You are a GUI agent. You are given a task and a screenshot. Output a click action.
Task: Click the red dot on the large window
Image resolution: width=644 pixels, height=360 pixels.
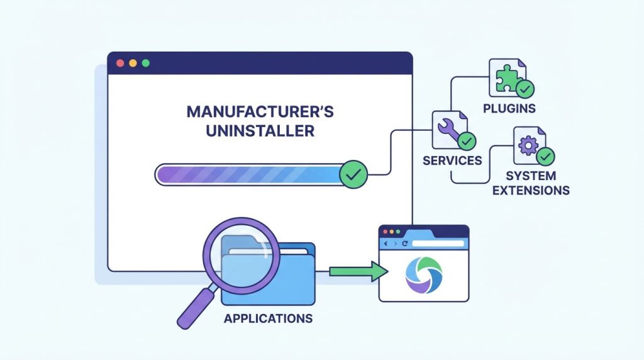click(x=120, y=64)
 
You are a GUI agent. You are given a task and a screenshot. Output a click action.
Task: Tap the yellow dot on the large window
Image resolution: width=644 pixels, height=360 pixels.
click(x=133, y=64)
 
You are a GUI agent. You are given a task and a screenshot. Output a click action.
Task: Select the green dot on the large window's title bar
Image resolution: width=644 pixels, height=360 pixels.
click(x=146, y=64)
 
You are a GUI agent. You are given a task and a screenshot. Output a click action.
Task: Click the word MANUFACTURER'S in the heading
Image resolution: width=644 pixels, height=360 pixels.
click(x=260, y=112)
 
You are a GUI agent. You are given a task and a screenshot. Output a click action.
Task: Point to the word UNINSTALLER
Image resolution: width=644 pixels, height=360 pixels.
click(x=260, y=131)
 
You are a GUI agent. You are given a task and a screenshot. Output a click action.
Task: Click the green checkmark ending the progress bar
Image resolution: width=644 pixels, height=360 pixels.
click(x=353, y=175)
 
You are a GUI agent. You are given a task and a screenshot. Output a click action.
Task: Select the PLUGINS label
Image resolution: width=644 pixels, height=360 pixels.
click(x=509, y=108)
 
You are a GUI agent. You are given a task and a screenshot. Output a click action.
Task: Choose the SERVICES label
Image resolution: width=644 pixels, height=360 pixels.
click(x=452, y=160)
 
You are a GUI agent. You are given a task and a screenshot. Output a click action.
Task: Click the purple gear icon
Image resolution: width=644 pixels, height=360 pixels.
click(x=528, y=145)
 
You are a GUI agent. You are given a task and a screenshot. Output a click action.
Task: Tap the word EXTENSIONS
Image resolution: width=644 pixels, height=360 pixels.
click(x=531, y=191)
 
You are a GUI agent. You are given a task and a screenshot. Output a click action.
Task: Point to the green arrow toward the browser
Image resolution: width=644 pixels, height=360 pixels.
click(x=358, y=272)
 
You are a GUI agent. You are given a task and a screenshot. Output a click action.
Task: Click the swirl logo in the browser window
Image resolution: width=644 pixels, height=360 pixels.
click(x=424, y=275)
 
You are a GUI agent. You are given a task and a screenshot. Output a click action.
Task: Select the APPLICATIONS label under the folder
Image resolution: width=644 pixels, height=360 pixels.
click(x=268, y=318)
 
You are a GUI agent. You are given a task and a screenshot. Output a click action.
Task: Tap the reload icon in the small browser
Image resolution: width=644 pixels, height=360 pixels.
click(x=404, y=244)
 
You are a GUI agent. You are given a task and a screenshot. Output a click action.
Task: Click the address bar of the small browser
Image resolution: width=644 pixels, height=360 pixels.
click(x=438, y=244)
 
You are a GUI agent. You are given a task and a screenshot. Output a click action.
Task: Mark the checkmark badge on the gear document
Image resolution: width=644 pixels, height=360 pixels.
click(x=545, y=157)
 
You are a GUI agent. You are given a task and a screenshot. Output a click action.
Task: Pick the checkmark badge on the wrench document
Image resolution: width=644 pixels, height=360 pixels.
click(x=467, y=142)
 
